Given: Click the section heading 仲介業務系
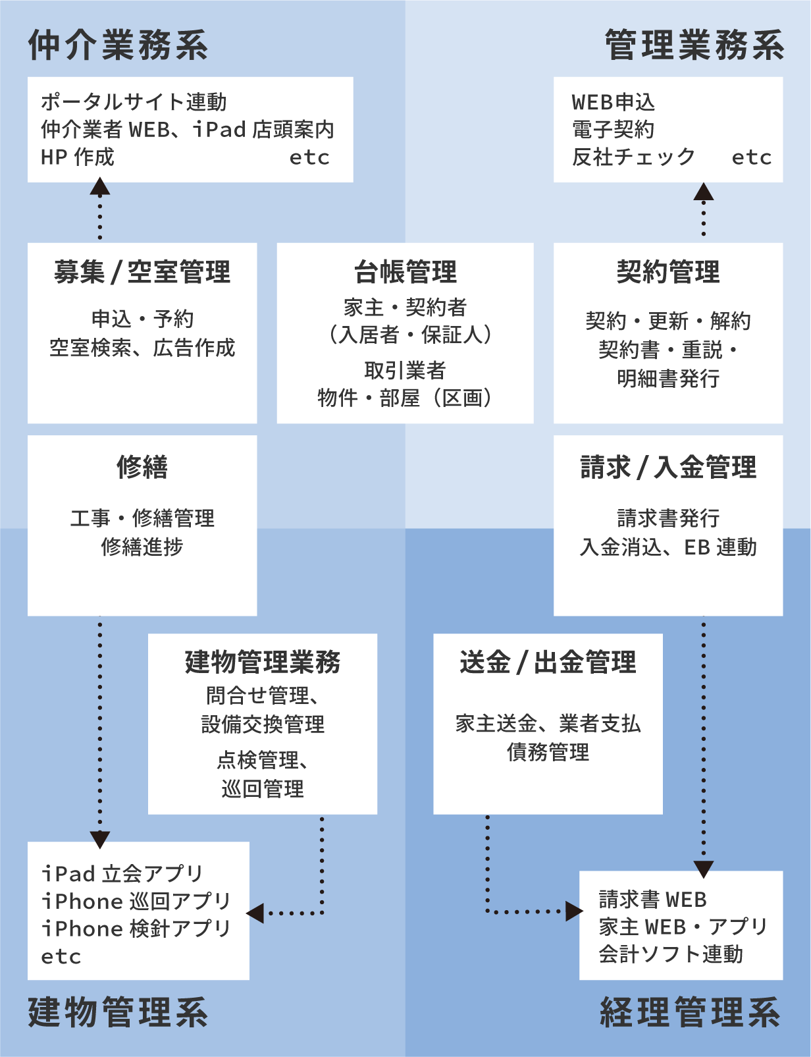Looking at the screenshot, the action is [x=118, y=45].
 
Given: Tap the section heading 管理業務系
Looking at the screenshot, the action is [x=694, y=45].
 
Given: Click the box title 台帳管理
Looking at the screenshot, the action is [x=405, y=271].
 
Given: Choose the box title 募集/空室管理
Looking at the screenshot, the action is [x=142, y=271].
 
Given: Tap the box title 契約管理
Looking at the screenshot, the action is [x=668, y=271].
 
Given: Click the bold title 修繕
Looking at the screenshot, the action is [x=142, y=467].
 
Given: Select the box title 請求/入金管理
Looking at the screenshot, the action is [x=668, y=467].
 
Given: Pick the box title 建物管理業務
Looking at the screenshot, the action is [x=263, y=662].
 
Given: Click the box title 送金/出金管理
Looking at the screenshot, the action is [x=548, y=662].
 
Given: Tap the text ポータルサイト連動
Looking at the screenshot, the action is [x=134, y=102].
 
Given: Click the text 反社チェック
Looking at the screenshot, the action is [x=633, y=157].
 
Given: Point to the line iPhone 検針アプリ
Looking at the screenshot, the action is [x=136, y=929].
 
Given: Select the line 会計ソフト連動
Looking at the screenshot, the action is [x=671, y=954].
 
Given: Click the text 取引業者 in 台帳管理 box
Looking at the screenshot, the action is [x=405, y=371].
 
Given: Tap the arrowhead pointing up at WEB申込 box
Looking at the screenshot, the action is [x=704, y=192].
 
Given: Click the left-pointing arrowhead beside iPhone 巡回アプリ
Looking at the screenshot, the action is [x=255, y=913].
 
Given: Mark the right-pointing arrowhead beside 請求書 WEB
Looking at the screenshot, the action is [x=574, y=911].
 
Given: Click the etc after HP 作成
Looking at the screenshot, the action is [x=309, y=157].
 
